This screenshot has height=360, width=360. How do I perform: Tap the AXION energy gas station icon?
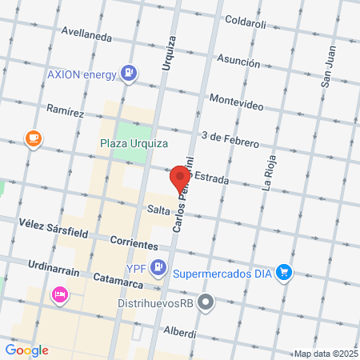[x=127, y=74]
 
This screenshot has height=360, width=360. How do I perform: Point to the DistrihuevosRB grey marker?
[x=206, y=302]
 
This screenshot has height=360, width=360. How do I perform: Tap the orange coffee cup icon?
[x=33, y=138]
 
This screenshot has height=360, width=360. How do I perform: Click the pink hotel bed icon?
[x=59, y=294]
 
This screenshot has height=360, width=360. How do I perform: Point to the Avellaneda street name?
[x=88, y=34]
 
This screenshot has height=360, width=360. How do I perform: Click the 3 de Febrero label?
[x=230, y=138]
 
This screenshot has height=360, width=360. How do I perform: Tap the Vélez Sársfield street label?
[x=47, y=229]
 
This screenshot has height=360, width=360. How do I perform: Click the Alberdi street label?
[x=179, y=331]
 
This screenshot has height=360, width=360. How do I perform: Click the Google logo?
[x=26, y=350]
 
